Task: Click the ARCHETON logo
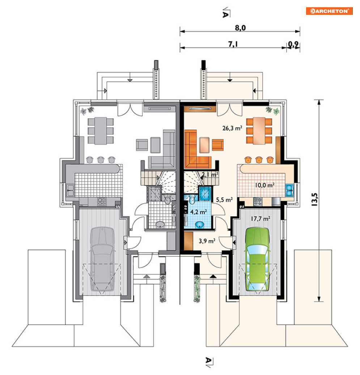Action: pyautogui.click(x=329, y=11)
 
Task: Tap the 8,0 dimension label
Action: pyautogui.click(x=240, y=28)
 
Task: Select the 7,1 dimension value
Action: pyautogui.click(x=233, y=44)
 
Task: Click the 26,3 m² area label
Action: pyautogui.click(x=232, y=128)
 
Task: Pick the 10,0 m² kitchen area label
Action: pyautogui.click(x=264, y=185)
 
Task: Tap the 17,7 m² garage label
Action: pyautogui.click(x=261, y=218)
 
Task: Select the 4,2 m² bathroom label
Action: pyautogui.click(x=198, y=212)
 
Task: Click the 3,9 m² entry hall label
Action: pyautogui.click(x=207, y=241)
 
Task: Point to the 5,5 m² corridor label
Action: pyautogui.click(x=224, y=200)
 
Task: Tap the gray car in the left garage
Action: pyautogui.click(x=102, y=259)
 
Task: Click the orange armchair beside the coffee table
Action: pyautogui.click(x=217, y=145)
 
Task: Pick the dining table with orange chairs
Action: pyautogui.click(x=259, y=131)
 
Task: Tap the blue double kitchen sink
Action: pyautogui.click(x=289, y=190)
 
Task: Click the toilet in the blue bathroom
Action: pyautogui.click(x=192, y=199)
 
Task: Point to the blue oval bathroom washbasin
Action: pyautogui.click(x=200, y=225)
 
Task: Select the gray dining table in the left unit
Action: pyautogui.click(x=101, y=131)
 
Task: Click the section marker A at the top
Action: pyautogui.click(x=225, y=14)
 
